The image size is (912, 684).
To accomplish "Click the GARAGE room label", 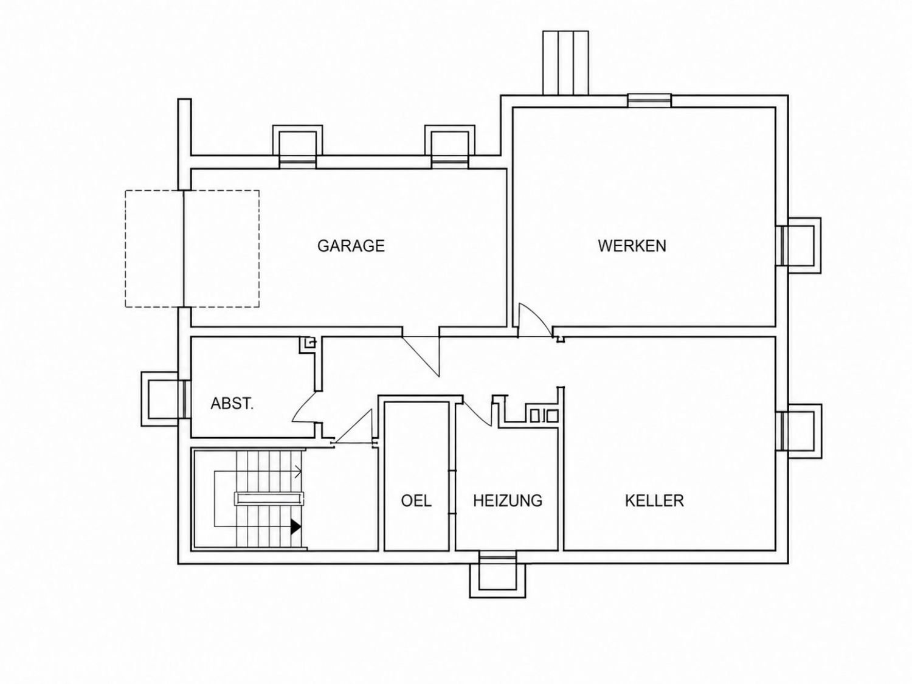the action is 351,246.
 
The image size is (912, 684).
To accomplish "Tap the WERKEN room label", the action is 632,246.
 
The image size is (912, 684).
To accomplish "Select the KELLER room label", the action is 654,500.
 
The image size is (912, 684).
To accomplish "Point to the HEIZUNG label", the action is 508,500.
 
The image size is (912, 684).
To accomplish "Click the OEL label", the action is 416,500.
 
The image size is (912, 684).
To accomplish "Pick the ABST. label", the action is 232,403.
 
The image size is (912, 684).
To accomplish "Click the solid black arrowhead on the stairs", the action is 295,527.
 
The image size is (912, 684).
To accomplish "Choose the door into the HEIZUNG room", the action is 477,412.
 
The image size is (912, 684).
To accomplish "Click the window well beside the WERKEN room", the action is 798,246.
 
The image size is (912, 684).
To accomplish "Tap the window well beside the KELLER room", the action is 799,431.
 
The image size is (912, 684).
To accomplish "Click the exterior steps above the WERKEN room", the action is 565,63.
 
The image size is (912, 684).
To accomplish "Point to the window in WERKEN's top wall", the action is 649,101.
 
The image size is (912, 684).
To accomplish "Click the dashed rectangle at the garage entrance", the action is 192,249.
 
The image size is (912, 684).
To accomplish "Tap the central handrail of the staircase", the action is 269,499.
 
